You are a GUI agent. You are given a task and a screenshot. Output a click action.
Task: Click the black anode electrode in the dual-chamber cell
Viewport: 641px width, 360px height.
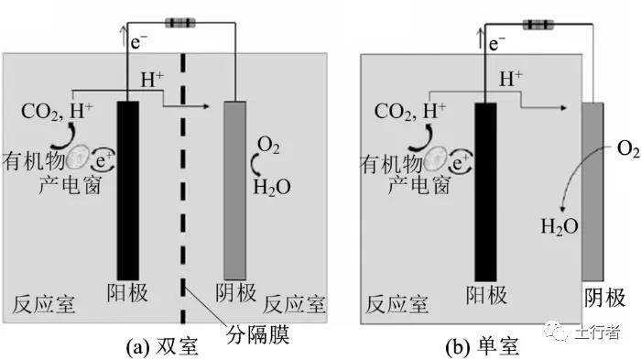pyautogui.click(x=128, y=191)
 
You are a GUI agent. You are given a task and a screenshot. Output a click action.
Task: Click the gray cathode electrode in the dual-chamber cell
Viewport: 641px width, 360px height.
pyautogui.click(x=235, y=191)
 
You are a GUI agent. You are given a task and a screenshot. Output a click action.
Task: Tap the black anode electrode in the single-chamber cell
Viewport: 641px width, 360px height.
pyautogui.click(x=485, y=191)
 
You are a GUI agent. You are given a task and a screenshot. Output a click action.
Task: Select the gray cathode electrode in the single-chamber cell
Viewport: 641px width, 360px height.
pyautogui.click(x=592, y=191)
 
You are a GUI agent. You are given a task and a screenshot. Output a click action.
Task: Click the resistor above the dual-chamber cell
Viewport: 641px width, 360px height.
pyautogui.click(x=179, y=23)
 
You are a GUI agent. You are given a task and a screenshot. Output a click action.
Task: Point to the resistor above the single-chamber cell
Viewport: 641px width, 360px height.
pyautogui.click(x=538, y=25)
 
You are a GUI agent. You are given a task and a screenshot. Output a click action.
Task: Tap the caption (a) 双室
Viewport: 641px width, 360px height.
pyautogui.click(x=162, y=346)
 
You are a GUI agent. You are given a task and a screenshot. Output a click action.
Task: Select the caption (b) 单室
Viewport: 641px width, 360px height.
pyautogui.click(x=482, y=346)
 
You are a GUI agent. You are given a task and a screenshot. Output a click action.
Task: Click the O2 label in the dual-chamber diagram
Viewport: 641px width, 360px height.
pyautogui.click(x=268, y=146)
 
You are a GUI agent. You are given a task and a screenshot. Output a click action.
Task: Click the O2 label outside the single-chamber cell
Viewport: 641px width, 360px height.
pyautogui.click(x=628, y=148)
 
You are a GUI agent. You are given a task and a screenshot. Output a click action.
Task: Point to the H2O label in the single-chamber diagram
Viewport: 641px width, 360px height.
pyautogui.click(x=560, y=226)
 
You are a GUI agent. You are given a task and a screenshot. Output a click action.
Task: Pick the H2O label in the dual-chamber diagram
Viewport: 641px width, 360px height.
pyautogui.click(x=272, y=188)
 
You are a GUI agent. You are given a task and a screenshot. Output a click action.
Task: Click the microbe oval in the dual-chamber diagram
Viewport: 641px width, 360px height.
pyautogui.click(x=79, y=158)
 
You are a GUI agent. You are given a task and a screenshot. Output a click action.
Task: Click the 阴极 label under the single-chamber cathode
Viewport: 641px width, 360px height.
pyautogui.click(x=604, y=298)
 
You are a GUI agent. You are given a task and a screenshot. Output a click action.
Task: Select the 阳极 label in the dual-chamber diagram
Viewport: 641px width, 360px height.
pyautogui.click(x=127, y=292)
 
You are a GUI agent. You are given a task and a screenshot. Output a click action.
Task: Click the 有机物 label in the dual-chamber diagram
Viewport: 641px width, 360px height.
pyautogui.click(x=35, y=161)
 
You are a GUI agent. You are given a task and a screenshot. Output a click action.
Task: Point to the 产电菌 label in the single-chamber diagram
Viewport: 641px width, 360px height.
pyautogui.click(x=419, y=185)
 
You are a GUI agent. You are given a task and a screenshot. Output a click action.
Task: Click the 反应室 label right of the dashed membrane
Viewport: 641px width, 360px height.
pyautogui.click(x=294, y=304)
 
